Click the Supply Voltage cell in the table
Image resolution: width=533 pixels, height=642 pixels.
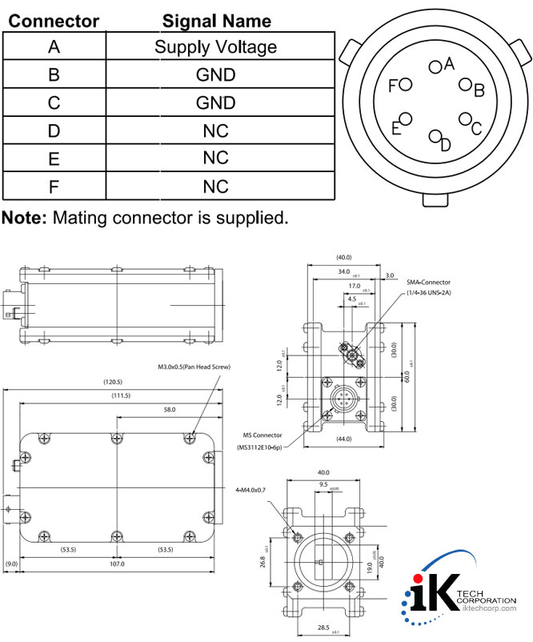pyautogui.click(x=216, y=47)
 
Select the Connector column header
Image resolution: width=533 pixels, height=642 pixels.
pyautogui.click(x=54, y=21)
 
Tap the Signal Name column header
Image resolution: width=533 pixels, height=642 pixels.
pyautogui.click(x=216, y=21)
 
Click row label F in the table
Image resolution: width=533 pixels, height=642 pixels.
pyautogui.click(x=54, y=187)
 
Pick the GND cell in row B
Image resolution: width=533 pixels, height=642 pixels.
pyautogui.click(x=216, y=75)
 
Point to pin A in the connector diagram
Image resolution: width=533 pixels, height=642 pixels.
pyautogui.click(x=435, y=67)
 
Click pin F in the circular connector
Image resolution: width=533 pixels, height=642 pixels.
pyautogui.click(x=405, y=84)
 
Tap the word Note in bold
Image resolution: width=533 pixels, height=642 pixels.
pyautogui.click(x=24, y=218)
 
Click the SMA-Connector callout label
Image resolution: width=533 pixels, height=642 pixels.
pyautogui.click(x=428, y=283)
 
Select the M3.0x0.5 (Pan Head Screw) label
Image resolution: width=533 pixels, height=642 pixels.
pyautogui.click(x=194, y=367)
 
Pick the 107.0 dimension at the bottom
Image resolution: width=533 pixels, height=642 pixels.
pyautogui.click(x=117, y=564)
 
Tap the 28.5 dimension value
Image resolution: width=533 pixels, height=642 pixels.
pyautogui.click(x=323, y=628)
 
